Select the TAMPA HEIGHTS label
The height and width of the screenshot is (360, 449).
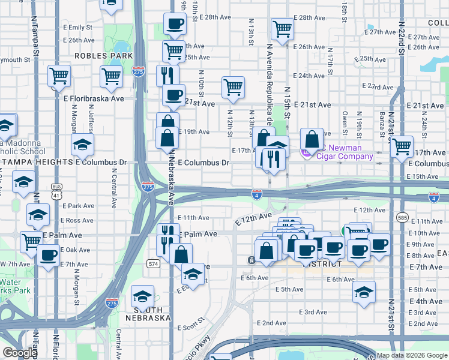coord(37,162)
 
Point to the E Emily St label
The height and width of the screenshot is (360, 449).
coord(80,28)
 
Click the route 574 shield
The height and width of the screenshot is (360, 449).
coord(153,263)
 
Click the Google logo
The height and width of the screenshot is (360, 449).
coord(19,353)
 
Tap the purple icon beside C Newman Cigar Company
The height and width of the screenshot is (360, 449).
coord(306,153)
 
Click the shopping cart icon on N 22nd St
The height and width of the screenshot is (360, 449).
coord(402,146)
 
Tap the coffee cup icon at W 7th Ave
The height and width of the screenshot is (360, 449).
coord(48,255)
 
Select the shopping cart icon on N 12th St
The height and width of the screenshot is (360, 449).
coord(233,86)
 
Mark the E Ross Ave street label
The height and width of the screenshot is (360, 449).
coord(80,220)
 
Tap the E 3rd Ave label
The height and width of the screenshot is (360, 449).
coord(313,312)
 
